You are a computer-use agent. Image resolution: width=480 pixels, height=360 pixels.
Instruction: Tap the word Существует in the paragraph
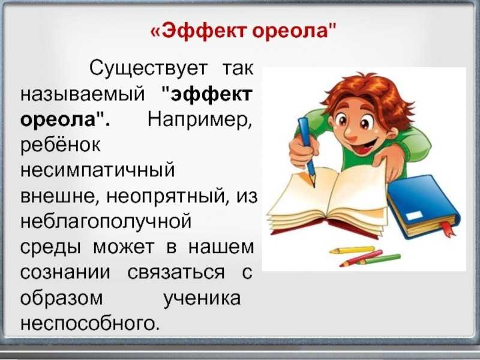click(x=149, y=68)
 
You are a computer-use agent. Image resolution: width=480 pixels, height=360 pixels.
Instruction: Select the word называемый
click(x=82, y=95)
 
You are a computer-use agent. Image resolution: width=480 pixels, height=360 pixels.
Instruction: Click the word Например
click(x=200, y=119)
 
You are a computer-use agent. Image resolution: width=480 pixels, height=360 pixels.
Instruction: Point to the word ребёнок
click(x=61, y=144)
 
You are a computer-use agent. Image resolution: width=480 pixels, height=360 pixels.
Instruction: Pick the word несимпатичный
click(x=97, y=170)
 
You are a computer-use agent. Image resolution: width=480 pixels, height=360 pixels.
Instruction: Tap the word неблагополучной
click(x=106, y=221)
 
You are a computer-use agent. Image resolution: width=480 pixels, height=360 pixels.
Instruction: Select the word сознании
click(x=65, y=272)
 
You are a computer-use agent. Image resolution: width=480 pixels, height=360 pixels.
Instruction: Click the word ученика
click(x=202, y=298)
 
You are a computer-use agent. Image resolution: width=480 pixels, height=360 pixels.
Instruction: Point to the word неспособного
click(x=90, y=323)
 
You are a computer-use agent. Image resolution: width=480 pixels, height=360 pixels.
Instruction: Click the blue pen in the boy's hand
click(x=307, y=151)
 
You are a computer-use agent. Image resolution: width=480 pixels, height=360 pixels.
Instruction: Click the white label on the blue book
click(x=414, y=215)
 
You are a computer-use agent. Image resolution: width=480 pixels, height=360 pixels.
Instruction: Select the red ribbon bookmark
click(x=447, y=229)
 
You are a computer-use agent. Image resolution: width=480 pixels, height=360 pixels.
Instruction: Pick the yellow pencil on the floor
click(x=352, y=250)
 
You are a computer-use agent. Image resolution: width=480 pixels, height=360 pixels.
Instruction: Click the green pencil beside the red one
click(x=379, y=259)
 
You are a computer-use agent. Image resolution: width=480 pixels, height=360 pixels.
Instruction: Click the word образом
click(x=62, y=298)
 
